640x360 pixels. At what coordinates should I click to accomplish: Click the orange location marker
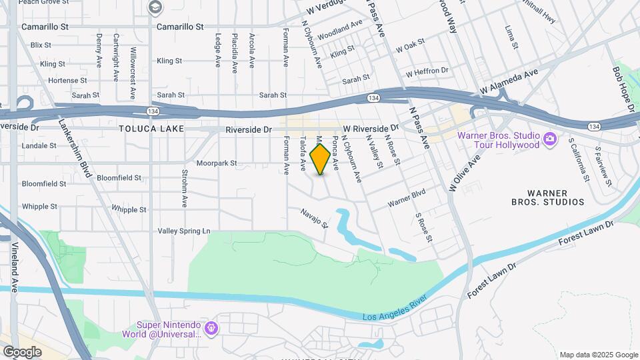321,159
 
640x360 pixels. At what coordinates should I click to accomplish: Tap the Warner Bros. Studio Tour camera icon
550,139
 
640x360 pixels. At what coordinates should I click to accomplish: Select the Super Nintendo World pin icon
211,328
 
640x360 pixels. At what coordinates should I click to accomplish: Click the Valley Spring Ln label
183,231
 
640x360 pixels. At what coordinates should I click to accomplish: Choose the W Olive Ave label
465,173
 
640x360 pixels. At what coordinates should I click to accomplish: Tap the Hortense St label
63,80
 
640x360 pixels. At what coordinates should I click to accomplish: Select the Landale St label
39,145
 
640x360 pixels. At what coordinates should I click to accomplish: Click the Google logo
22,351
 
